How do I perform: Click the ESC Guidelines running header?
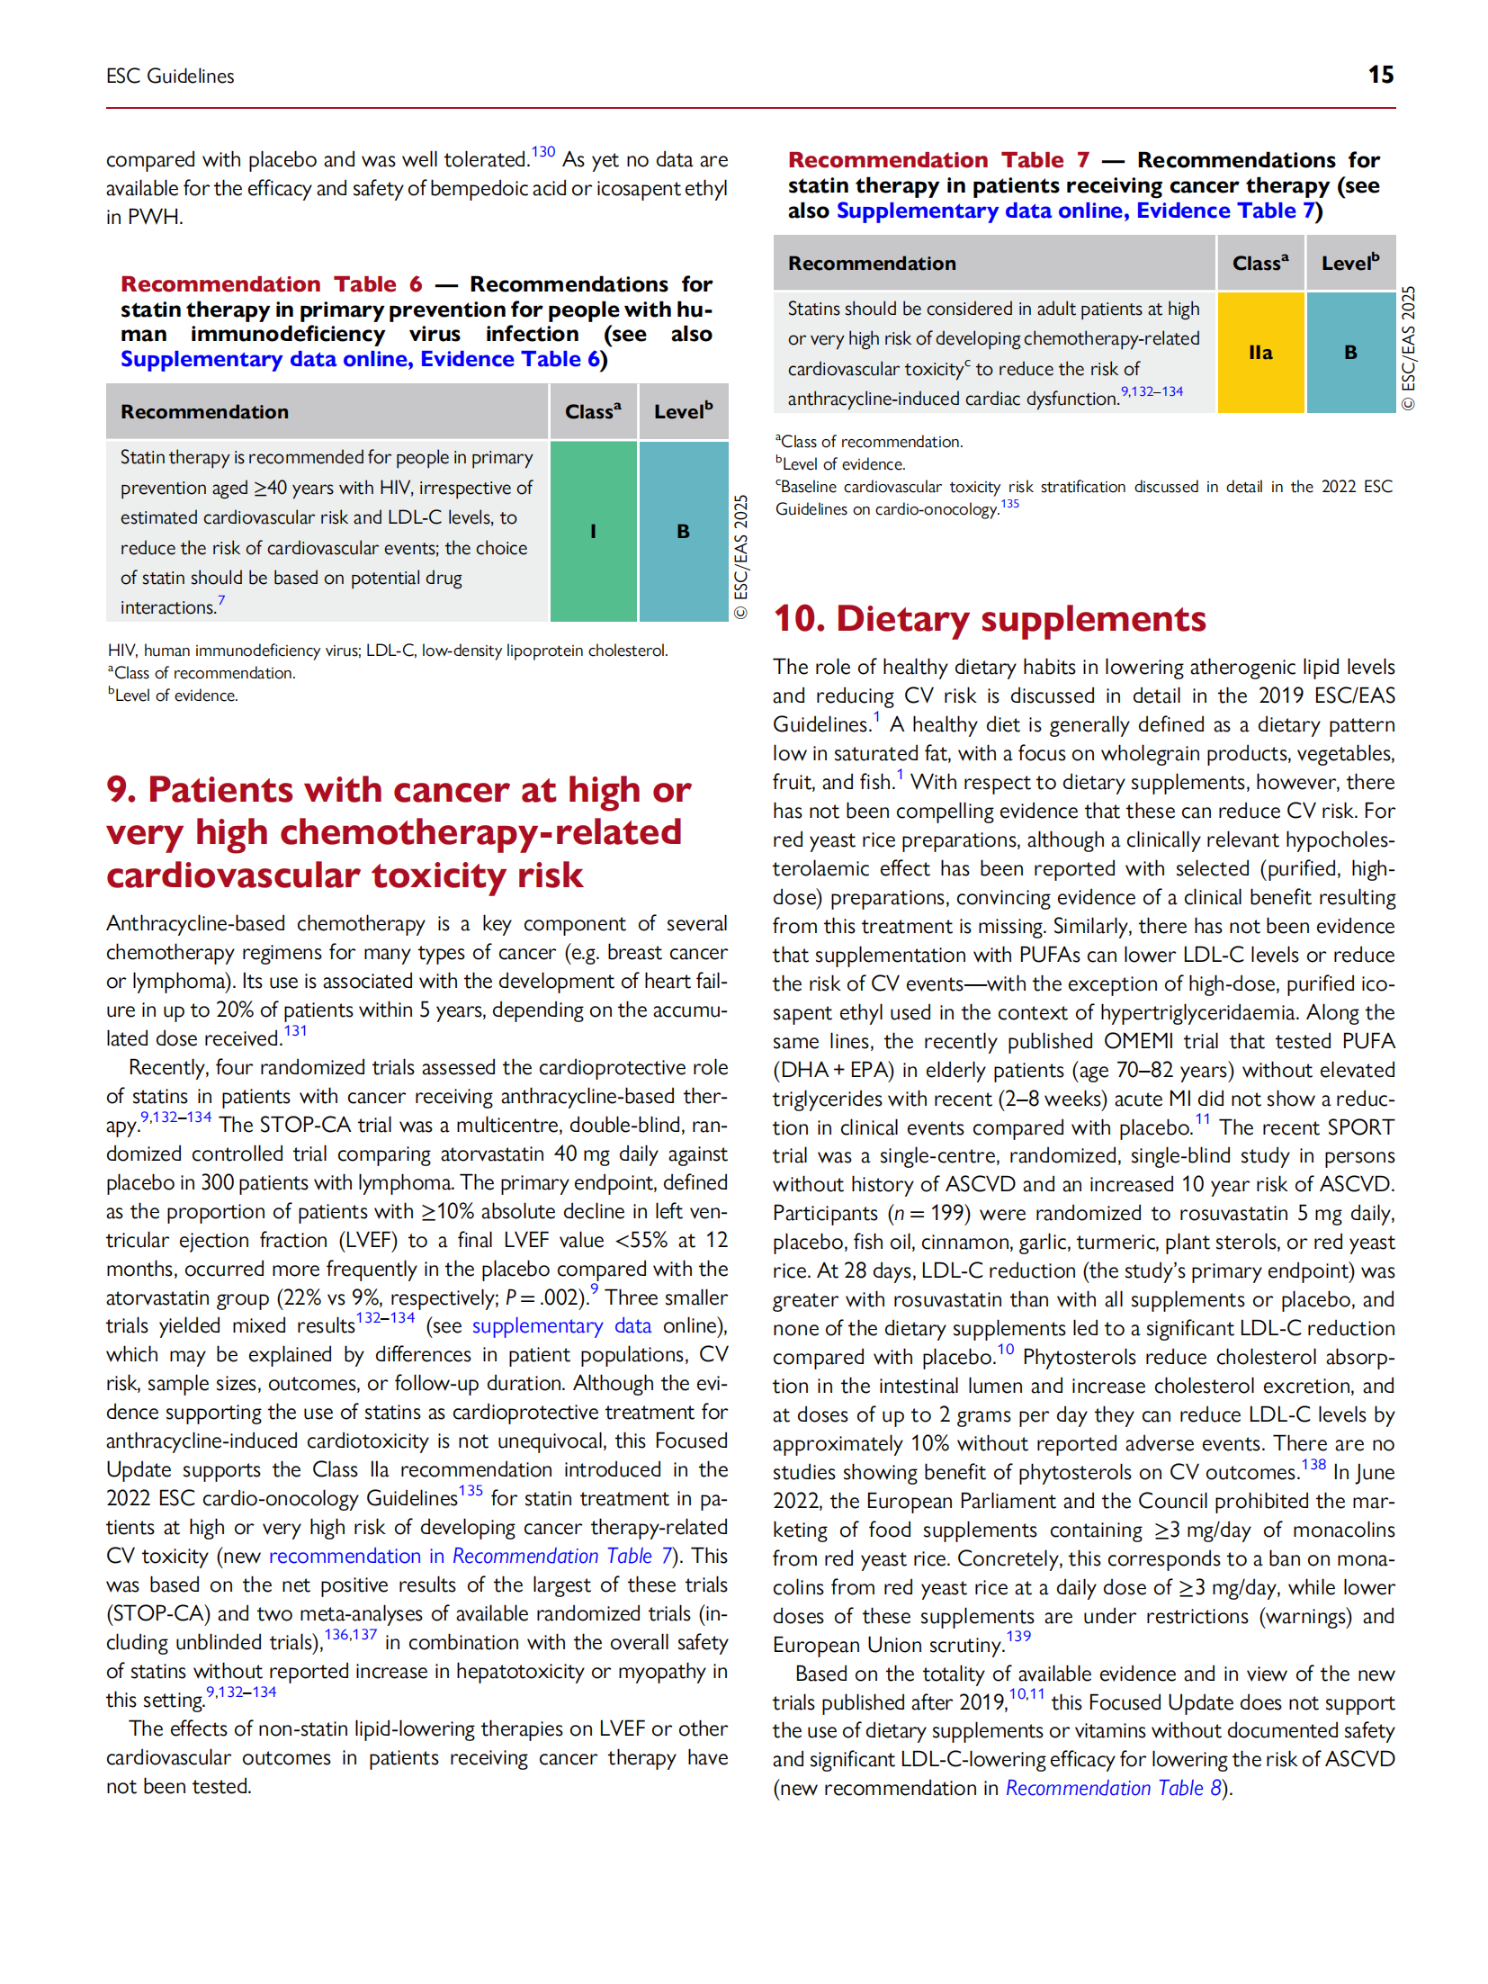tap(170, 76)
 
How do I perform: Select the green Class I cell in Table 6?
tap(593, 531)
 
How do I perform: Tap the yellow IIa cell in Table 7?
tap(1259, 353)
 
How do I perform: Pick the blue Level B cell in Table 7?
tap(1349, 353)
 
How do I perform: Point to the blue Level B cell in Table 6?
tap(683, 531)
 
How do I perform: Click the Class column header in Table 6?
tap(593, 412)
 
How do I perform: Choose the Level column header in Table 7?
tap(1349, 264)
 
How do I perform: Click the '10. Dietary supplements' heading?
tap(989, 619)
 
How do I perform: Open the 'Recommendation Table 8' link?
tap(1113, 1788)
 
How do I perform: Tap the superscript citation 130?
tap(542, 152)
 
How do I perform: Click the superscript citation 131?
tap(295, 1031)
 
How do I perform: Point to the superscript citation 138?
tap(1313, 1465)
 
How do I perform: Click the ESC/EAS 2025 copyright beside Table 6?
tap(740, 556)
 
